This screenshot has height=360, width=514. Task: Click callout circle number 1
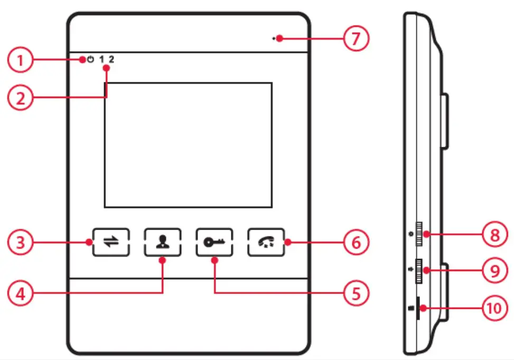[20, 60]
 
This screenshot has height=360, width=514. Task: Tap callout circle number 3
[20, 242]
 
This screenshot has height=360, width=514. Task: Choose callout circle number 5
[354, 291]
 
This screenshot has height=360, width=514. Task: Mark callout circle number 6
[354, 242]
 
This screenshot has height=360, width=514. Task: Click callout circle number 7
[354, 39]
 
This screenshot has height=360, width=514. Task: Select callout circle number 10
[494, 308]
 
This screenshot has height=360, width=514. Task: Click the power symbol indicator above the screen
[90, 60]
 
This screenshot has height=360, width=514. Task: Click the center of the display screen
[188, 145]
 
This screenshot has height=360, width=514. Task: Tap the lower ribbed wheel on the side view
[419, 271]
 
